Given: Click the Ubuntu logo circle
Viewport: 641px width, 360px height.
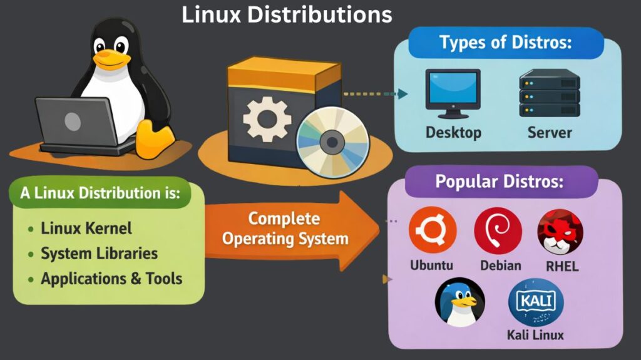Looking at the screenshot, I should (432, 230).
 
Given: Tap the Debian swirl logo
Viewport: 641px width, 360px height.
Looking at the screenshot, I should (498, 230).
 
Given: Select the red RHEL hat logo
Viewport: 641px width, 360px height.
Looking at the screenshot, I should (560, 231).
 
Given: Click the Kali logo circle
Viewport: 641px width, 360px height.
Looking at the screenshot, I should (535, 302).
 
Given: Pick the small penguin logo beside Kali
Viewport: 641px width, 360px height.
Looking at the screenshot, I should (459, 302).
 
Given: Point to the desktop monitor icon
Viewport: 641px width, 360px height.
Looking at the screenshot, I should (453, 93).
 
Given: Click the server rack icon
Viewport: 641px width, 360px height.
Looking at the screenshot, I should (549, 93).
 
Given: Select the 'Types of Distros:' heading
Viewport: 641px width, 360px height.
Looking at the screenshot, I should (506, 43).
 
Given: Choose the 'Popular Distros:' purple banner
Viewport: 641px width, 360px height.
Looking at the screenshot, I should (499, 182).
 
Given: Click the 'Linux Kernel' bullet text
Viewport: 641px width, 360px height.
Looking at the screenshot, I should (86, 229).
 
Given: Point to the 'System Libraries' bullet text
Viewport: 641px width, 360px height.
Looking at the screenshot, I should (99, 254).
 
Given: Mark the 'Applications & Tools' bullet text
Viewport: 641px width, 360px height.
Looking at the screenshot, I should (111, 279).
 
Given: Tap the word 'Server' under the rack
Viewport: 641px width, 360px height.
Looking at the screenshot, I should (549, 133).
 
